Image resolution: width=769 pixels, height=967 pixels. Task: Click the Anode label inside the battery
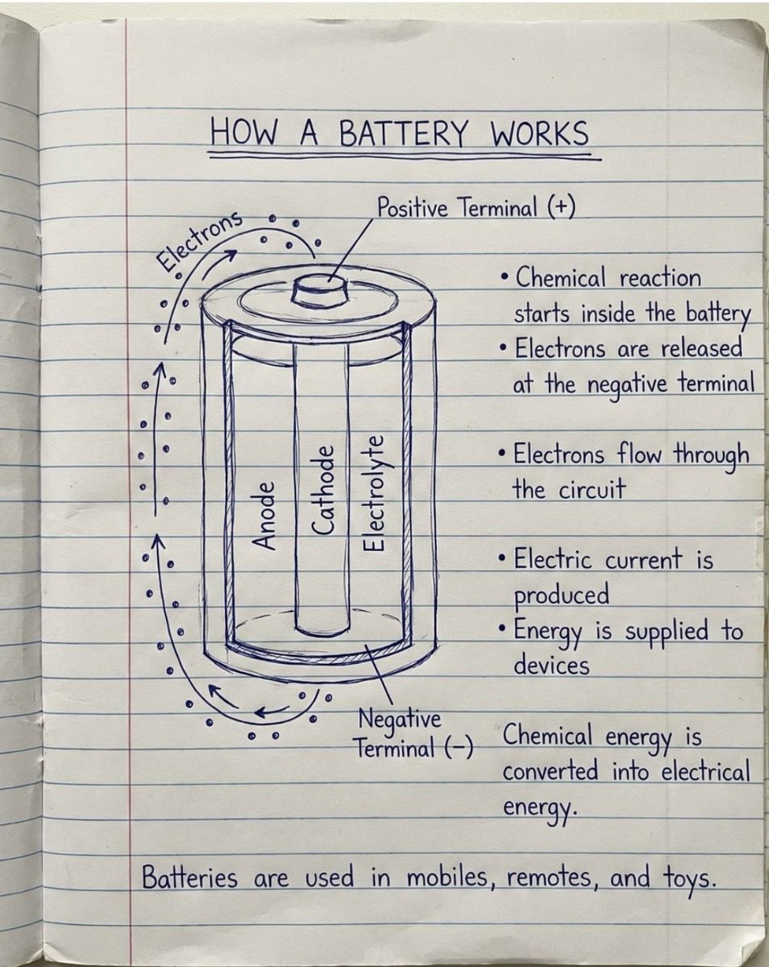click(265, 516)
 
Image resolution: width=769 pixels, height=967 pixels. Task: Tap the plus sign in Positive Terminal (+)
click(560, 208)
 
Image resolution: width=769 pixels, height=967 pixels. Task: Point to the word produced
click(561, 596)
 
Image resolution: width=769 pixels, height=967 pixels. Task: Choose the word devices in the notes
click(551, 666)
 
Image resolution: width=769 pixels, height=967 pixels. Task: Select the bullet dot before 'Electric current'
click(502, 557)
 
